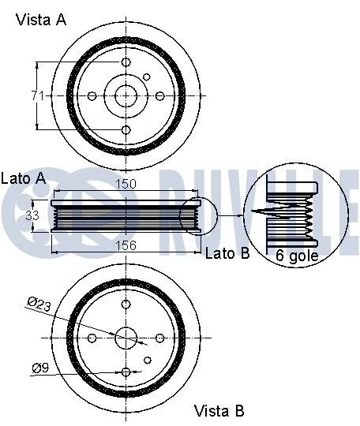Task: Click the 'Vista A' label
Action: (41, 20)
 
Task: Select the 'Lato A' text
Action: (24, 178)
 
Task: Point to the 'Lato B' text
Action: (227, 253)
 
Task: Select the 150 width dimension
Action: (126, 184)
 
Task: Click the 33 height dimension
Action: (33, 214)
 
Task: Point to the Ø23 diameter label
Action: (39, 301)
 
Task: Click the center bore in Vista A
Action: (126, 95)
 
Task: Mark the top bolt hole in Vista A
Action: (126, 62)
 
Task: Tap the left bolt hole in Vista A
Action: (92, 95)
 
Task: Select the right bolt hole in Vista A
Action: (159, 95)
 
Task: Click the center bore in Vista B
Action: (126, 338)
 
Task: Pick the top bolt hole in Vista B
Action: (126, 304)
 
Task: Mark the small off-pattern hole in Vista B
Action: (148, 360)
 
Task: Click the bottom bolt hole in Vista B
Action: (126, 371)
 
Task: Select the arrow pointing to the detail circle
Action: (230, 215)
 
